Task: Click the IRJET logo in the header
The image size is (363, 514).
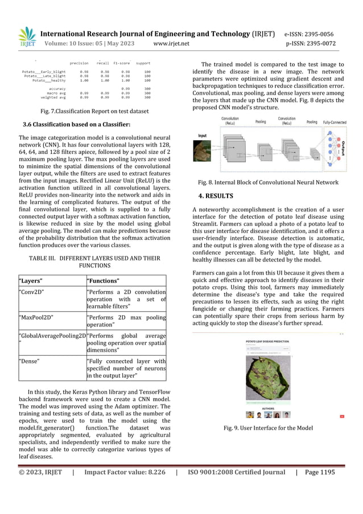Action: [27, 37]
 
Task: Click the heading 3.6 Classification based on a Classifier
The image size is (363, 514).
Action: [76, 124]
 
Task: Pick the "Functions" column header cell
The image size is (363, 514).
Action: [126, 281]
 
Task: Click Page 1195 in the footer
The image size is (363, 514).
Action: [320, 472]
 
